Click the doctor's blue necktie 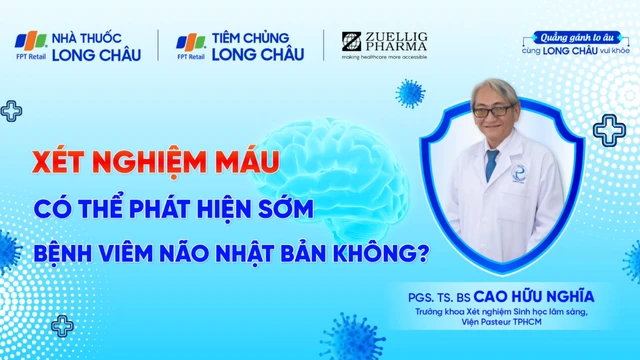[491, 165]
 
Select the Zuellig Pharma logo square [351, 41]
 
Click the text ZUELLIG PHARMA [397, 41]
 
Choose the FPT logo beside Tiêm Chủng [191, 42]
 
